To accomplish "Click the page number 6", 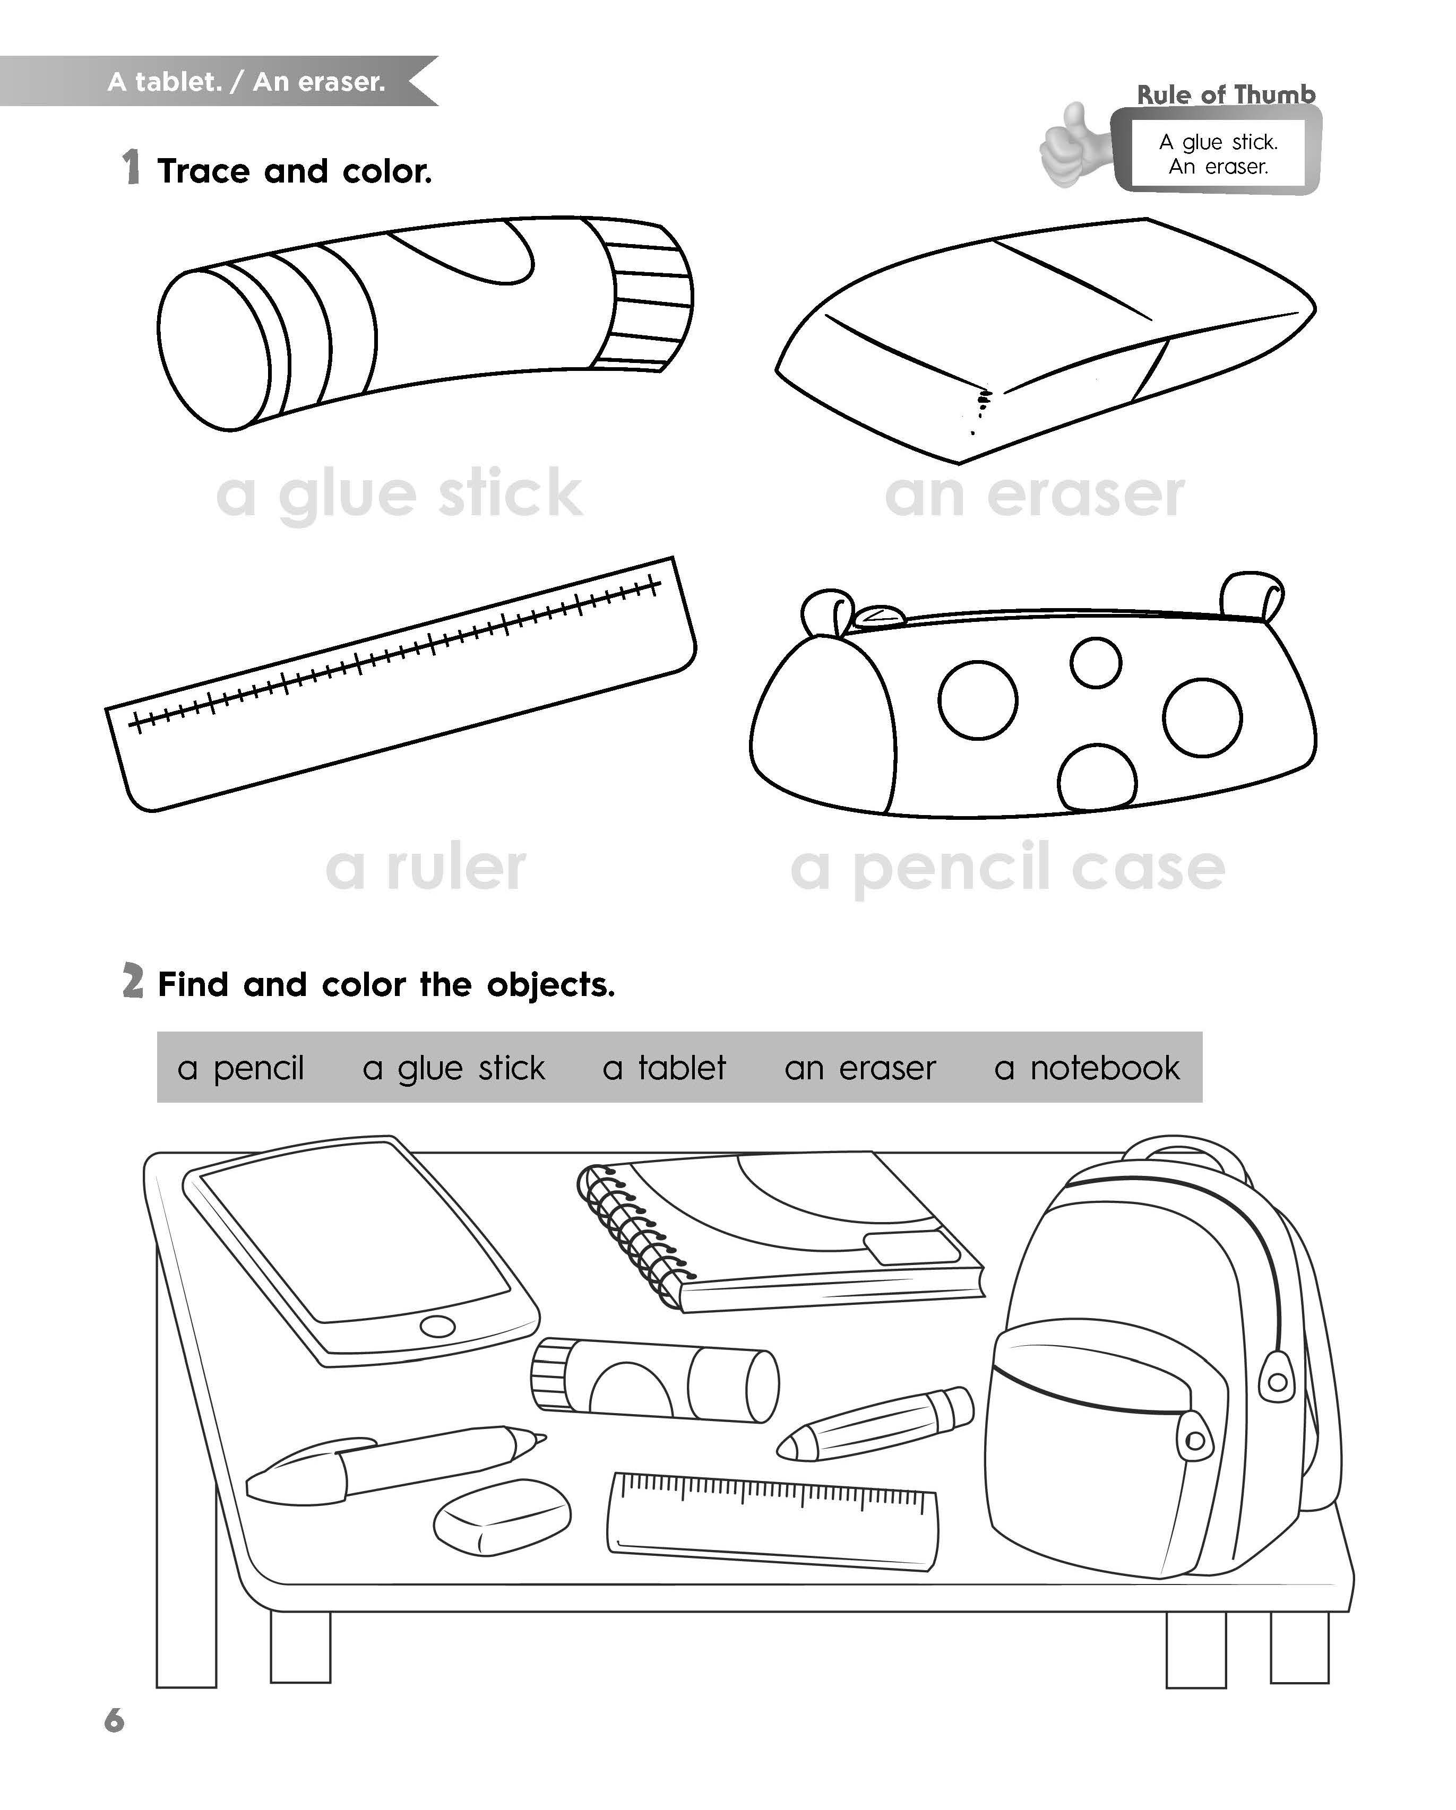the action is click(x=114, y=1720).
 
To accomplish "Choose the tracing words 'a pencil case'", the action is click(x=1007, y=869).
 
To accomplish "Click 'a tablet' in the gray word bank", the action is click(x=664, y=1068).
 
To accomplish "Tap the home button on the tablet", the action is click(x=437, y=1327).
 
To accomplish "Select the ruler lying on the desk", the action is click(x=772, y=1520).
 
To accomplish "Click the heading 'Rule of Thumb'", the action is click(x=1226, y=95).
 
